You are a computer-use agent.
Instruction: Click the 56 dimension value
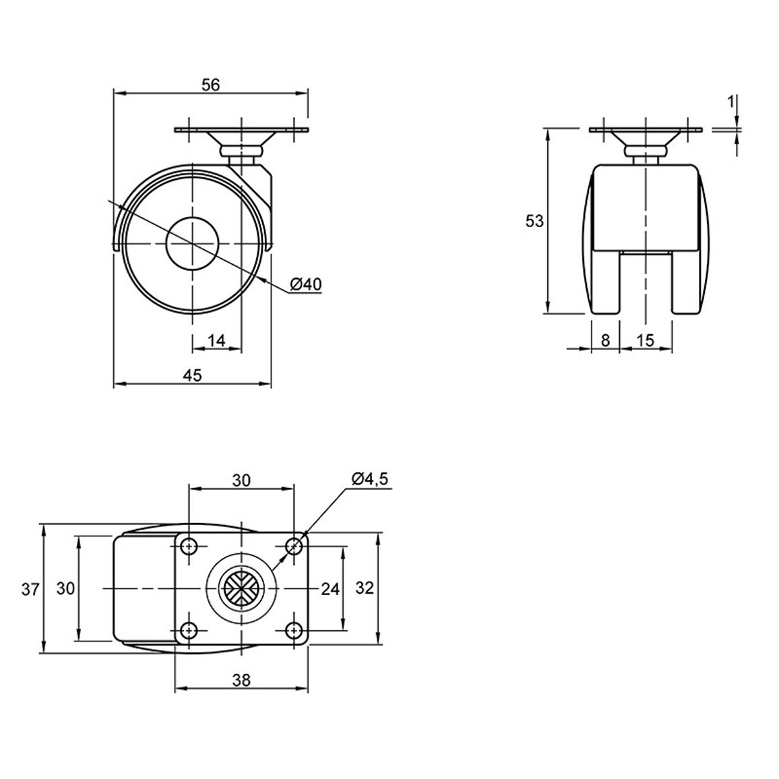[211, 85]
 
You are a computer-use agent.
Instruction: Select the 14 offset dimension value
[216, 340]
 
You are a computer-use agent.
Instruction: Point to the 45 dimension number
[193, 375]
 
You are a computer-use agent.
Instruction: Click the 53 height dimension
[534, 221]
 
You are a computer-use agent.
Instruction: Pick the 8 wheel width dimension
[605, 340]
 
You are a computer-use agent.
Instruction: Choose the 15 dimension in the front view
[646, 340]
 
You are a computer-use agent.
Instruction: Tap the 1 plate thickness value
[730, 102]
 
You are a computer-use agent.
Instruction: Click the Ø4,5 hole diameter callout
[370, 478]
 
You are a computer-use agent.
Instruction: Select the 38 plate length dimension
[241, 680]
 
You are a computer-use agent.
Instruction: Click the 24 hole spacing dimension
[330, 589]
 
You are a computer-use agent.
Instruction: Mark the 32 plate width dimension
[365, 588]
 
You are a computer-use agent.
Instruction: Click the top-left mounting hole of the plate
[189, 547]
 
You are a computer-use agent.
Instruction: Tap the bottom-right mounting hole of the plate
[294, 631]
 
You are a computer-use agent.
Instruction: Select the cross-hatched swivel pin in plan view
[241, 589]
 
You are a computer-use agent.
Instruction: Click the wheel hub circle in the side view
[192, 243]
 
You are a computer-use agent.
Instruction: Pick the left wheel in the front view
[600, 239]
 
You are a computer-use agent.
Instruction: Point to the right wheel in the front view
[691, 239]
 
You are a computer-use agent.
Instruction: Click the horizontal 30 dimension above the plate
[241, 480]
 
